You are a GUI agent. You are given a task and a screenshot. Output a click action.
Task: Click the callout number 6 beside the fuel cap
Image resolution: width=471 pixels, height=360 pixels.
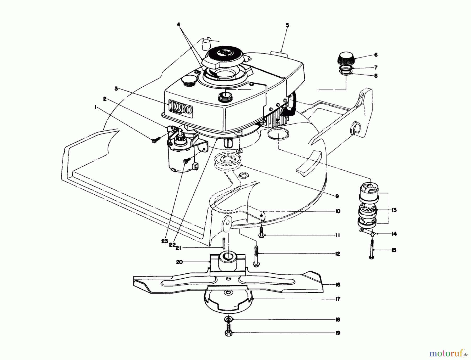(x=376, y=55)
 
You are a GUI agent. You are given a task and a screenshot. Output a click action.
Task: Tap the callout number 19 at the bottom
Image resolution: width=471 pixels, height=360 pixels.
(x=338, y=333)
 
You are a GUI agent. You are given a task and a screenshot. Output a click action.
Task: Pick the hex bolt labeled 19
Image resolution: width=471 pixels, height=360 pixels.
(x=228, y=330)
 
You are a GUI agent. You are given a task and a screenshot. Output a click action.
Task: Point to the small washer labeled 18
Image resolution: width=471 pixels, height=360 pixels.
(x=228, y=319)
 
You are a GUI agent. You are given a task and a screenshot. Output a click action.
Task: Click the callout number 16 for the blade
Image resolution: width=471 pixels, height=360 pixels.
(x=338, y=285)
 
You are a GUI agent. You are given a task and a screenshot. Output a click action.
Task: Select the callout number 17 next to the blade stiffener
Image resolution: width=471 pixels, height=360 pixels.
(x=338, y=299)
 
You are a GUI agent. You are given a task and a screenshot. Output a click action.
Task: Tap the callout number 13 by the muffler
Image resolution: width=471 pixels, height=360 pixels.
(x=394, y=210)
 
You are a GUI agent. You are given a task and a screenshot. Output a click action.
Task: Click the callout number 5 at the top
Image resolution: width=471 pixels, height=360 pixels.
(x=287, y=25)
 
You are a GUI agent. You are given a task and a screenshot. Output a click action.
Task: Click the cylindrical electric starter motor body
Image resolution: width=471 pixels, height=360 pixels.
(x=181, y=160)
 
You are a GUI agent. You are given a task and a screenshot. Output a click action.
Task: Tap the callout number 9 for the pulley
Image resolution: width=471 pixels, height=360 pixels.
(x=337, y=196)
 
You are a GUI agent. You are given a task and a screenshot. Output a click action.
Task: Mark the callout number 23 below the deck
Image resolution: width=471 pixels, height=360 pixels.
(x=164, y=241)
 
